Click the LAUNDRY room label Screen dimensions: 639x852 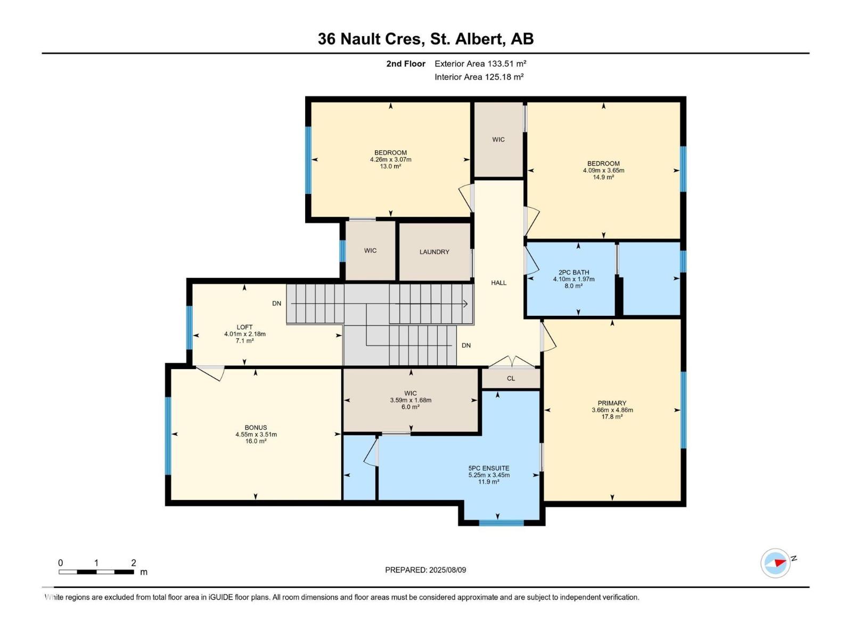point(434,252)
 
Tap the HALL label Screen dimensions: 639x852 point(498,283)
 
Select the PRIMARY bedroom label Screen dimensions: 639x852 point(612,403)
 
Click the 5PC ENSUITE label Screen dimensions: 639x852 point(489,469)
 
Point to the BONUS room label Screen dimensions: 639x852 point(256,428)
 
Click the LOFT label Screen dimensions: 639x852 point(244,327)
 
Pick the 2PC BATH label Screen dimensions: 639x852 point(574,272)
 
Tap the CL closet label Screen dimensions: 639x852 point(511,379)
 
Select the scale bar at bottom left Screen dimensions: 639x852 point(96,572)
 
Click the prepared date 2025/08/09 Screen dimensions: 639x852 point(425,570)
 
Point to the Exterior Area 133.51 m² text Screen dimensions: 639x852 point(480,63)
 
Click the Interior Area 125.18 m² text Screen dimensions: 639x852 point(479,77)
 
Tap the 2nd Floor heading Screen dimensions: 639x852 point(406,63)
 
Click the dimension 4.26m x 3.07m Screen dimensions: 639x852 point(390,159)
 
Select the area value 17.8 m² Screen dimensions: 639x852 point(612,417)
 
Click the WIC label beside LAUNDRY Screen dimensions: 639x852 point(370,250)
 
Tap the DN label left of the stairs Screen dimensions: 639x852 point(276,304)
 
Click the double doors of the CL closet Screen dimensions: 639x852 point(511,363)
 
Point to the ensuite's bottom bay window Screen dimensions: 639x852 point(501,523)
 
